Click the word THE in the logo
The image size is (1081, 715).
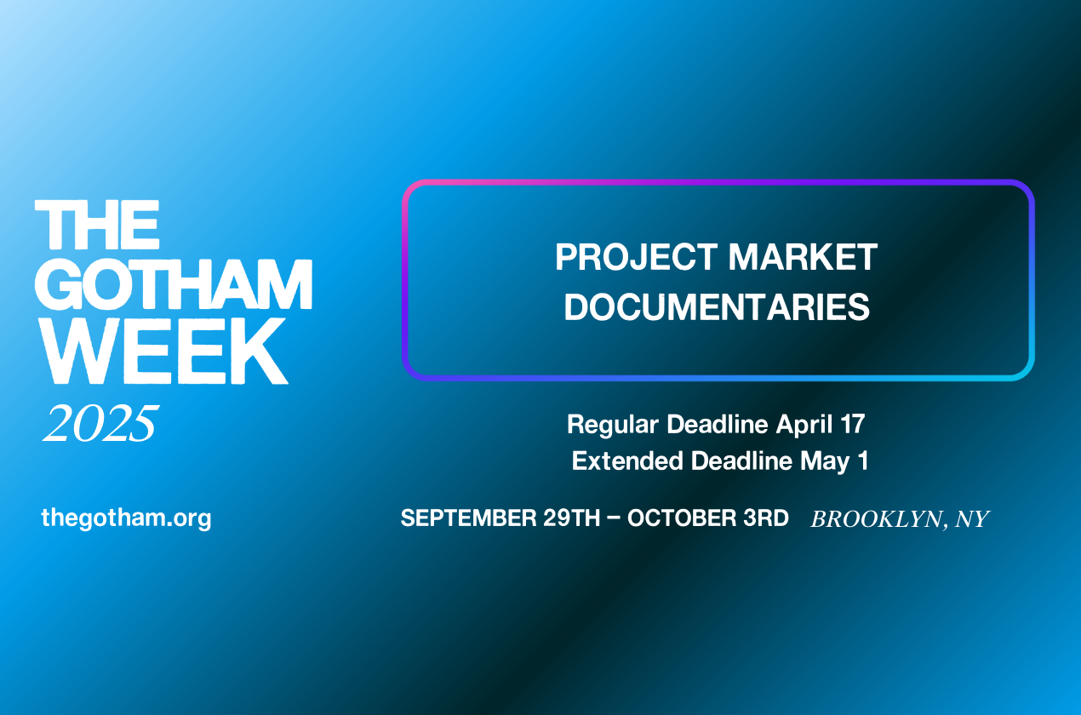point(97,225)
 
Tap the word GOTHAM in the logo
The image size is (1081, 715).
point(174,284)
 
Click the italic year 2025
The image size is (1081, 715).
point(100,423)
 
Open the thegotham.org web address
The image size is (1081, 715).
point(127,518)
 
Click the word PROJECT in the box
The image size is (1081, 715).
point(637,257)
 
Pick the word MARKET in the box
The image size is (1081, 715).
point(803,257)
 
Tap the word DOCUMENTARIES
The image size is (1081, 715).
point(717,306)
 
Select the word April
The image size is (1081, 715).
point(804,425)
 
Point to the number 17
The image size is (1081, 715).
point(852,425)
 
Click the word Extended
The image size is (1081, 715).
point(628,460)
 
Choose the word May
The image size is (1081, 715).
point(825,461)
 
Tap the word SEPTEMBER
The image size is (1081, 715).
point(469,518)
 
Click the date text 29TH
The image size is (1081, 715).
point(572,518)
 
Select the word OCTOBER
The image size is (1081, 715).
point(682,518)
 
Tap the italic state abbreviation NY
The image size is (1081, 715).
point(972,519)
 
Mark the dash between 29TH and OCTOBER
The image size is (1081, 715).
point(614,518)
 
